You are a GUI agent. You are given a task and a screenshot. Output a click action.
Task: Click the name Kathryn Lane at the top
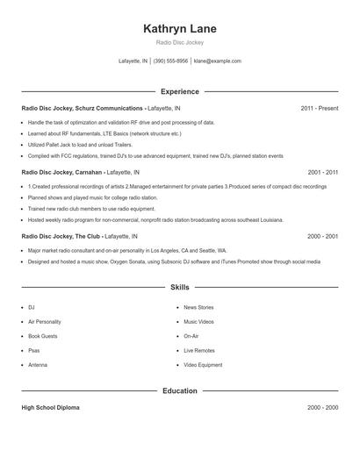point(179,29)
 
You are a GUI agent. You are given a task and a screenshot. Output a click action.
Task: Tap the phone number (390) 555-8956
point(170,61)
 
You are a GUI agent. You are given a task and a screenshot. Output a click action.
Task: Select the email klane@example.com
point(217,61)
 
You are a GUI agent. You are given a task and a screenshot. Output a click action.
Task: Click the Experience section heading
point(179,91)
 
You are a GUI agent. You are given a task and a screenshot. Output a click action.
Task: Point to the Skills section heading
point(179,287)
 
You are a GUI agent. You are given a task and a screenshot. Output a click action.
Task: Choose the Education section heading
point(179,390)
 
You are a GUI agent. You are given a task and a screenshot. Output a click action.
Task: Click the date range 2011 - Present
point(319,108)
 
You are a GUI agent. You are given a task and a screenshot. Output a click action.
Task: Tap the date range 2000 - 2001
point(323,236)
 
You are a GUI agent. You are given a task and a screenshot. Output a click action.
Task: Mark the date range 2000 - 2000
point(323,408)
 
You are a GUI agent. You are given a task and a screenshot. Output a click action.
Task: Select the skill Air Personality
point(45,322)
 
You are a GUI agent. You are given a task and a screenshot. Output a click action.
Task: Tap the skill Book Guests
point(43,336)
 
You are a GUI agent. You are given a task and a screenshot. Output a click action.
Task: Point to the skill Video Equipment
point(203,364)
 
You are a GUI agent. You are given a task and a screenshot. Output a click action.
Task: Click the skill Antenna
point(38,364)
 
